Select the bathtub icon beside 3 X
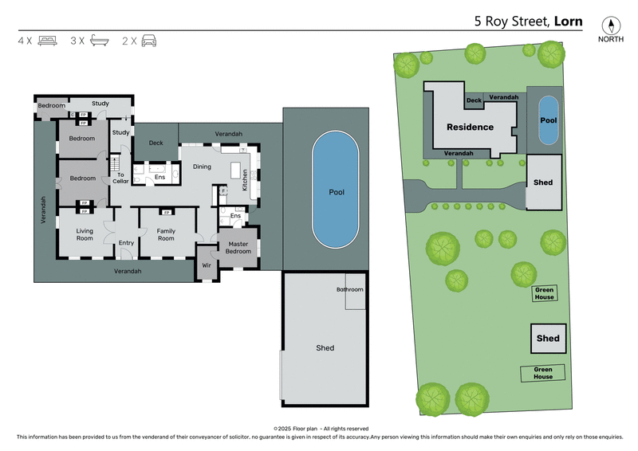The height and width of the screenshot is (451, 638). point(99,40)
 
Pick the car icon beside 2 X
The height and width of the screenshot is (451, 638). point(149,40)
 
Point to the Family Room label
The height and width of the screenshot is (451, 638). point(166,234)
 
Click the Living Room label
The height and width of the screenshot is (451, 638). point(85,234)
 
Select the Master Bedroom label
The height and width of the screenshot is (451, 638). point(238,248)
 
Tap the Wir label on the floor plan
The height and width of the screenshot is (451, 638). point(206,265)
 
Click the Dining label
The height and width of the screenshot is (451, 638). point(202,167)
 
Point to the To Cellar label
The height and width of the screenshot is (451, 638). point(120,178)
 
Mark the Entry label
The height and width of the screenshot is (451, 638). point(126,243)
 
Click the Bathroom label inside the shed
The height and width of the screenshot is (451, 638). point(349,289)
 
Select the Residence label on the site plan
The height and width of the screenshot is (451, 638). point(470,127)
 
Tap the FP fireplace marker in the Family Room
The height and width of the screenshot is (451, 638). point(166,213)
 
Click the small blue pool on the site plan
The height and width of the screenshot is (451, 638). point(548,121)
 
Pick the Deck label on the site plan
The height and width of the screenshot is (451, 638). point(474,100)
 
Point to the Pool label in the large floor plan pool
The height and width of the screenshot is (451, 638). point(336,192)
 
